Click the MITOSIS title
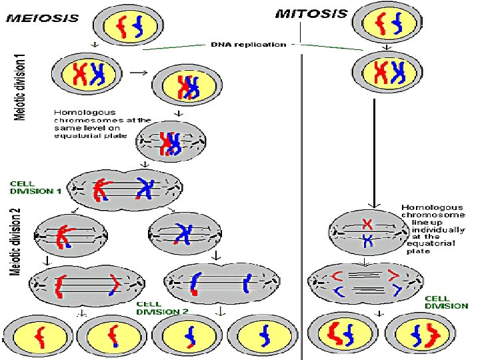pyautogui.click(x=311, y=13)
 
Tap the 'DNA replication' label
pyautogui.click(x=248, y=45)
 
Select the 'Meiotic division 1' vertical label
pyautogui.click(x=22, y=87)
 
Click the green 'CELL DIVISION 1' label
pyautogui.click(x=35, y=188)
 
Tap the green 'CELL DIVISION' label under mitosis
pyautogui.click(x=447, y=302)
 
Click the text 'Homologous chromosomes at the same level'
pyautogui.click(x=93, y=124)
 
